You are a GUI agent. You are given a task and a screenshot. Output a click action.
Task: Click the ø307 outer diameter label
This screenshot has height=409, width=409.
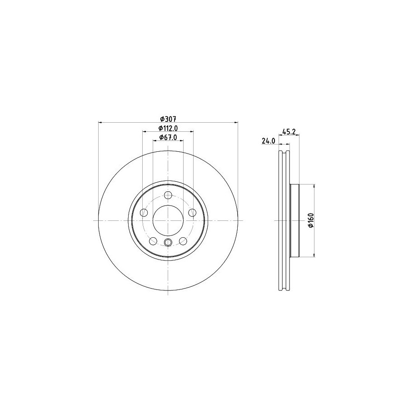click(x=168, y=119)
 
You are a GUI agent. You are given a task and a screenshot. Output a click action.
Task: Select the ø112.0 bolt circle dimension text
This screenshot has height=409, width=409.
click(x=168, y=128)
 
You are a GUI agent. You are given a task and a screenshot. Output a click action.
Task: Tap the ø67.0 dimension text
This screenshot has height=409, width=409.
click(x=168, y=137)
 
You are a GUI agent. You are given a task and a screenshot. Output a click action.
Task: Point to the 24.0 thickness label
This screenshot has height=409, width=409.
click(x=269, y=141)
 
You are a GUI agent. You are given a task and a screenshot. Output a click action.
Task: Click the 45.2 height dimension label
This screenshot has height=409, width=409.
click(x=289, y=132)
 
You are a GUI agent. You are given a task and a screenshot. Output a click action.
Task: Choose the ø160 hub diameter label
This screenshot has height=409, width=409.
click(x=310, y=220)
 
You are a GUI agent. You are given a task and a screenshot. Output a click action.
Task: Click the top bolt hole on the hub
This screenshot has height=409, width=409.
click(x=168, y=195)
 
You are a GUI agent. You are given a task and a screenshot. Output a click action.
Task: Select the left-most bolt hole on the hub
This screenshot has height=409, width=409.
click(x=144, y=213)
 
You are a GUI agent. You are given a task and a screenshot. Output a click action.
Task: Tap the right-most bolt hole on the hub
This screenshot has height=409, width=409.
click(x=193, y=213)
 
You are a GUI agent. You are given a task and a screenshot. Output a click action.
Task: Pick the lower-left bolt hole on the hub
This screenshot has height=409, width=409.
click(x=153, y=241)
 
